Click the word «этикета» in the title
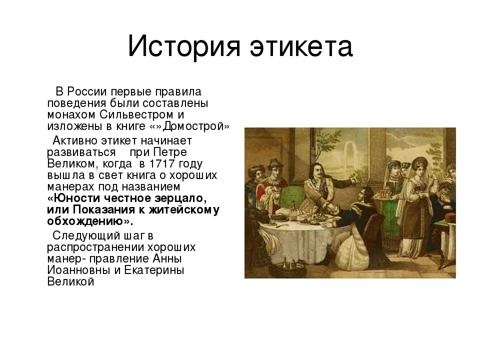pos(301,46)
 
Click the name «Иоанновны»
pos(78,270)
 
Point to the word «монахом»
pos(71,114)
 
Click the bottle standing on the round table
pos(293,209)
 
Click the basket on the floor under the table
pos(291,267)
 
